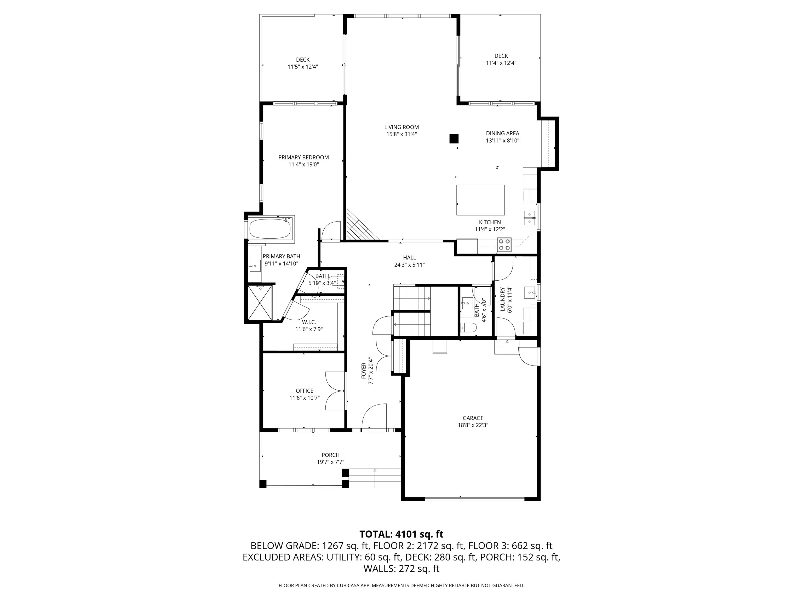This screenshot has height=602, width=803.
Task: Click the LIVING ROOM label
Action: tap(401, 127)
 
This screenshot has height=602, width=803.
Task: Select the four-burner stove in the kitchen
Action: tap(504, 244)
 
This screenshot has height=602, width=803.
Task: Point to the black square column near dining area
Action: tap(454, 139)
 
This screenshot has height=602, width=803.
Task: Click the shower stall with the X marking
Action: tap(260, 303)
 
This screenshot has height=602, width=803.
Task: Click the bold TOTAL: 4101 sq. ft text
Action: tap(401, 534)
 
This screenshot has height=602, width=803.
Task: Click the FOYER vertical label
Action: tap(364, 371)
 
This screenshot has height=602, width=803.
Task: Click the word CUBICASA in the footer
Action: tap(349, 585)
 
